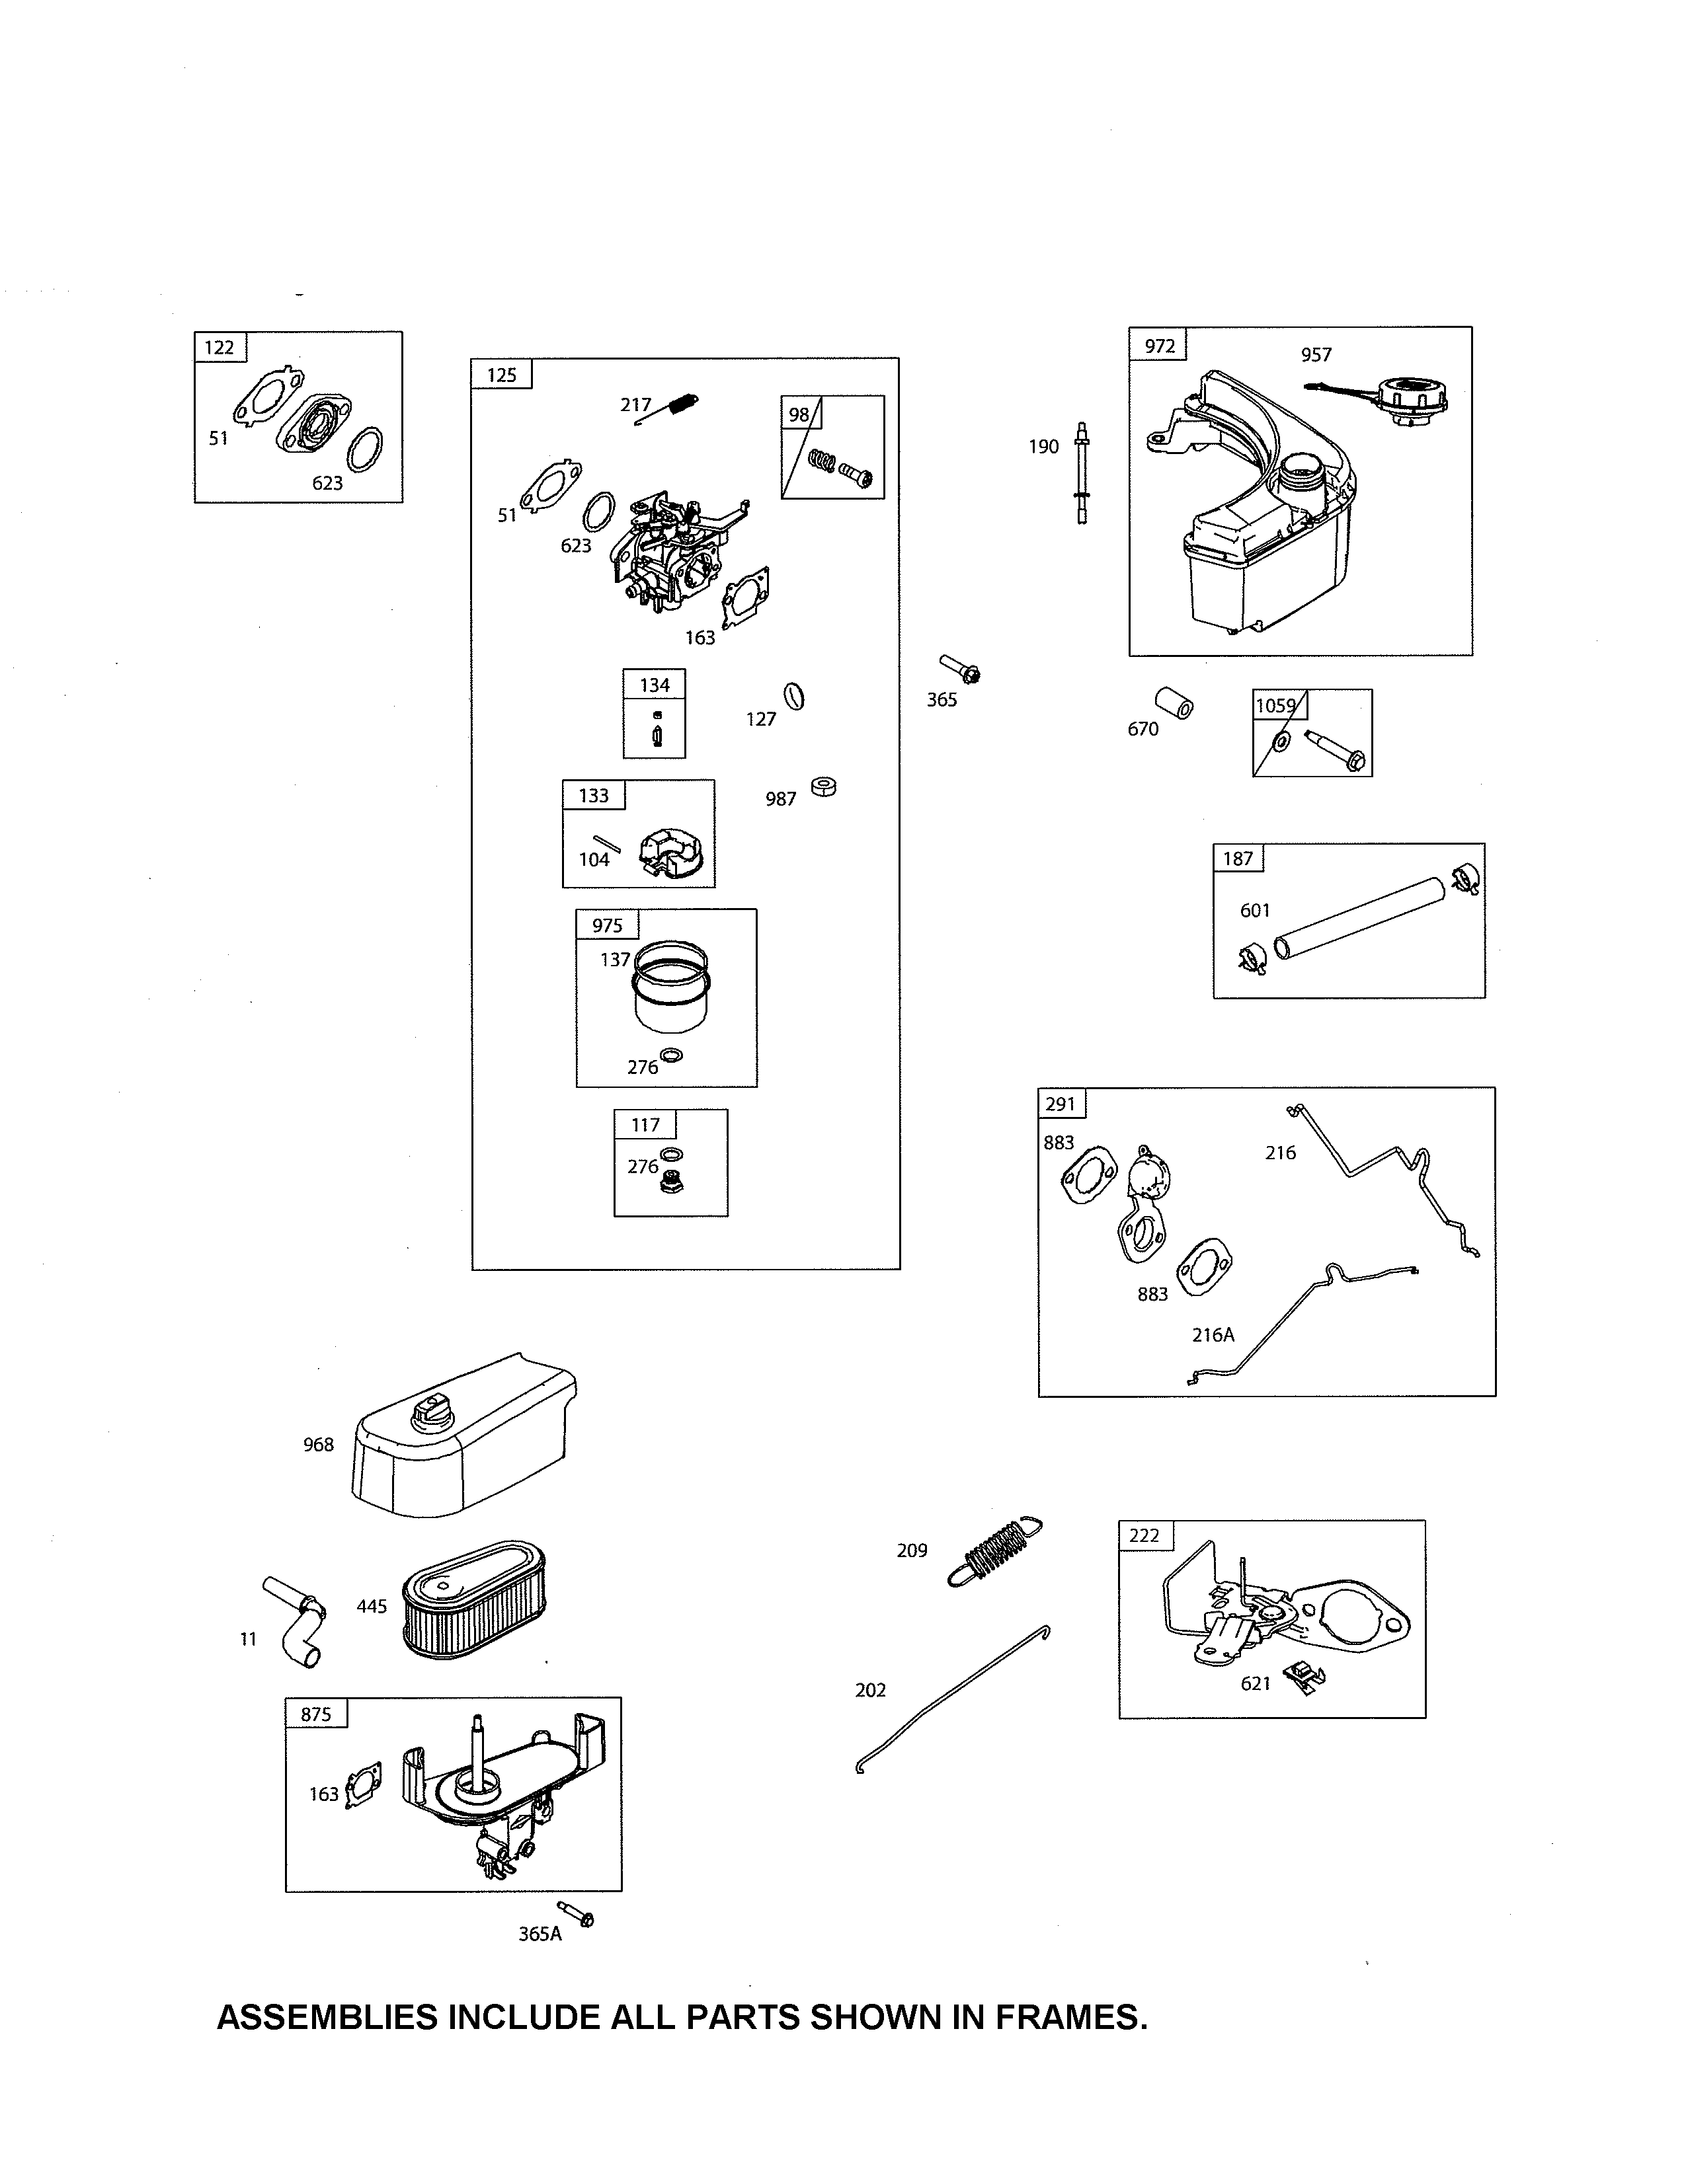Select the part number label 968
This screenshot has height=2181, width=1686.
click(319, 1444)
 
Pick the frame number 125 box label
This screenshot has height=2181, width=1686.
click(501, 375)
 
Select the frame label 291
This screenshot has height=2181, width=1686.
click(1061, 1104)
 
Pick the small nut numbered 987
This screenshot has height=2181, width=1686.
click(824, 787)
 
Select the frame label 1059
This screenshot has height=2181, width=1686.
click(1275, 705)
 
